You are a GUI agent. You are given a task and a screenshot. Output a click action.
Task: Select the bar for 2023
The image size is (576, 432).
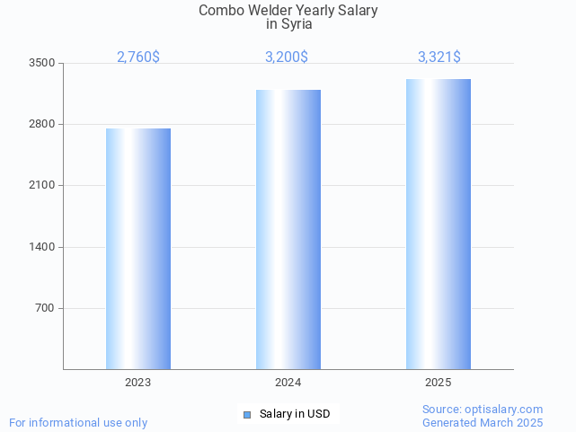138,249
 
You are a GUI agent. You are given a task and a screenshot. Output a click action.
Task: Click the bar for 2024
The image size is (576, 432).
288,229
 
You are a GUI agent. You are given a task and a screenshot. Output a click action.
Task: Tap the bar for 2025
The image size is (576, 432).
439,224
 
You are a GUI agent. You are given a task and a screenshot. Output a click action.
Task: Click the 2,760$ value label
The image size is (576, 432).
138,57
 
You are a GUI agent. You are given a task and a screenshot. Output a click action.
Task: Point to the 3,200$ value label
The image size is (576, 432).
287,57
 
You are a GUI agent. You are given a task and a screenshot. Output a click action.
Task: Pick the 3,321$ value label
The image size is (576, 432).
439,57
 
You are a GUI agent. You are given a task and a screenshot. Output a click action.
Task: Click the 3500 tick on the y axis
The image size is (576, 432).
42,63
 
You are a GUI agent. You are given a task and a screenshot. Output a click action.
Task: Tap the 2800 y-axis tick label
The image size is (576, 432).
42,124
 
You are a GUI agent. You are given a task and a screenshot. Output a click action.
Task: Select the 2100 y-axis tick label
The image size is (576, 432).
42,185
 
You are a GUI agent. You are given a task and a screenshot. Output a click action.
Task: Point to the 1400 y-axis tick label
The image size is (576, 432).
42,247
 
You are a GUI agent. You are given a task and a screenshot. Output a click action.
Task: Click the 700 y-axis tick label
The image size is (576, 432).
45,308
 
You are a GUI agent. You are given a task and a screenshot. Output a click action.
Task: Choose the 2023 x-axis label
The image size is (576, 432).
138,383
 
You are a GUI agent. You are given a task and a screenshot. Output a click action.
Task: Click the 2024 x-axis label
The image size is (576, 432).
288,383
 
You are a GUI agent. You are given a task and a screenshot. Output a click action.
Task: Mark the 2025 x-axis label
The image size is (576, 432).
439,383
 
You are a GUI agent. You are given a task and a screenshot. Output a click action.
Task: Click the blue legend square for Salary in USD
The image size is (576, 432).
247,414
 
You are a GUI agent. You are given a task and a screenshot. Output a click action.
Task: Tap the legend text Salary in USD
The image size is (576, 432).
295,414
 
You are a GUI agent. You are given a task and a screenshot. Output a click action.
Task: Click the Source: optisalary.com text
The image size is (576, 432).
483,409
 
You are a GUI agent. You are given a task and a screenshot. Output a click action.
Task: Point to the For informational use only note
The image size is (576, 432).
78,422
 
